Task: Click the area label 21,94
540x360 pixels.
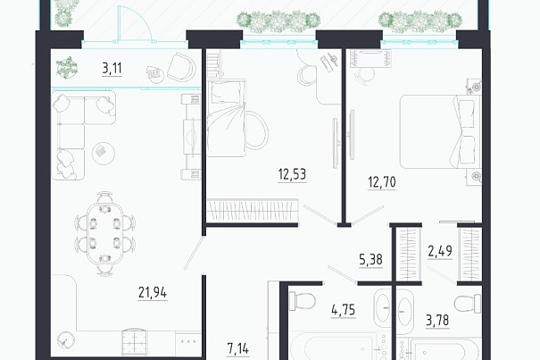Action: point(153,293)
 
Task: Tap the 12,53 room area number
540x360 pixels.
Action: point(292,174)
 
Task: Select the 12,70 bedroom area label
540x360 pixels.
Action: point(382,182)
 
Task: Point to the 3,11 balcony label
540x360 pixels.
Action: point(112,68)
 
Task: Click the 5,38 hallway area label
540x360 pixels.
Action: point(370,259)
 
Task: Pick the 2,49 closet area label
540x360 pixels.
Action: point(440,251)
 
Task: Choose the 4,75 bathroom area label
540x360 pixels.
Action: point(344,310)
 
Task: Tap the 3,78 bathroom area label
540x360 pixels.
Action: point(437,321)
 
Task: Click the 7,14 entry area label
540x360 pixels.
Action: point(238,349)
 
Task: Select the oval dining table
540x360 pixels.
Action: point(105,233)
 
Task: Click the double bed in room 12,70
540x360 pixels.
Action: point(440,131)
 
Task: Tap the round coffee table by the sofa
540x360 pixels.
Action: point(104,153)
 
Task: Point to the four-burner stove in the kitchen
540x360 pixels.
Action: point(134,342)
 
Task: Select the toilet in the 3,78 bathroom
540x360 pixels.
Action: point(468,304)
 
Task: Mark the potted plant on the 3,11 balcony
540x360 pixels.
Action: point(67,68)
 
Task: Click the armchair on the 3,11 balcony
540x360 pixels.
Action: point(181,67)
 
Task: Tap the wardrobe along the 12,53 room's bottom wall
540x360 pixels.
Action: point(253,210)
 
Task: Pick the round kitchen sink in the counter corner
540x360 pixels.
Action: point(65,340)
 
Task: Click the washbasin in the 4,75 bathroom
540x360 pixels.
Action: point(382,307)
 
